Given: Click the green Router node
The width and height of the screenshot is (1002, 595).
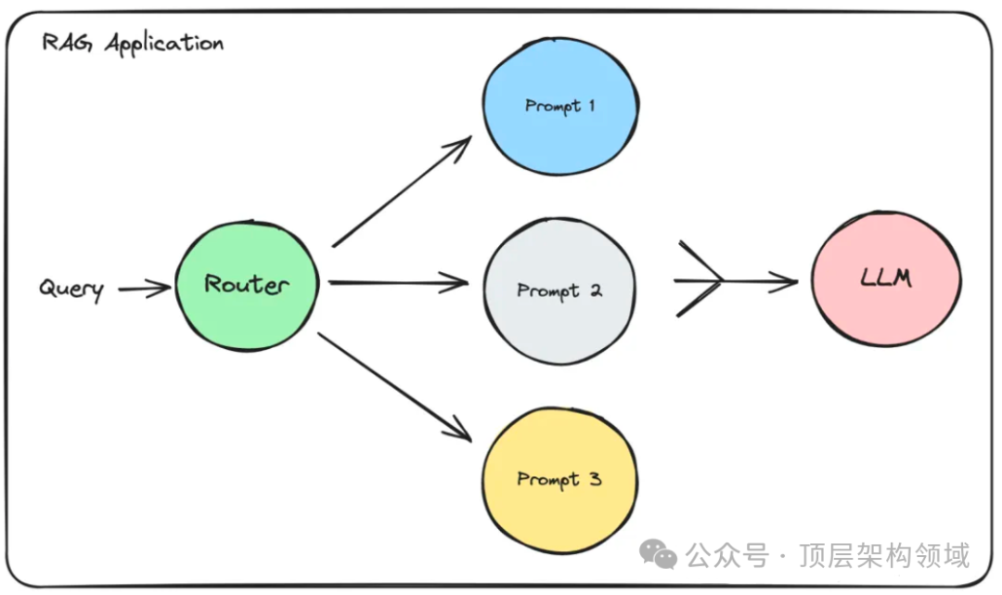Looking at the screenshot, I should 247,286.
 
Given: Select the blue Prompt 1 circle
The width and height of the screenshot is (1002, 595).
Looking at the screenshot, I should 559,106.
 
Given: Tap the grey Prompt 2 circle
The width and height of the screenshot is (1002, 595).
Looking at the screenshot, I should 559,290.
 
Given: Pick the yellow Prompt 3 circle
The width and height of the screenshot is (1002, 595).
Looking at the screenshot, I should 559,478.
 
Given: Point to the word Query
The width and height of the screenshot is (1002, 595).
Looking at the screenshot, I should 71,289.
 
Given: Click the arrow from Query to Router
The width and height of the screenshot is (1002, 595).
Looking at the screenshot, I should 145,290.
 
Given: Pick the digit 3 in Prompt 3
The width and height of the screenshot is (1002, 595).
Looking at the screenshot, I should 596,478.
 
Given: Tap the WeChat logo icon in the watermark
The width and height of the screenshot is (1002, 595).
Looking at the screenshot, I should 663,556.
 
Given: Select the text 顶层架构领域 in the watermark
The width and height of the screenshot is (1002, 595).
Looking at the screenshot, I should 882,556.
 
